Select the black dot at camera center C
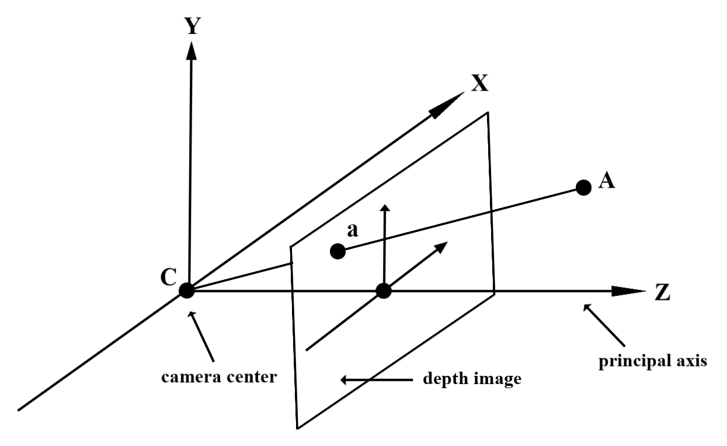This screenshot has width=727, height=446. (187, 291)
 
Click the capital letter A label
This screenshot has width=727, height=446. (607, 182)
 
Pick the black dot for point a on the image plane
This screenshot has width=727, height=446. (337, 251)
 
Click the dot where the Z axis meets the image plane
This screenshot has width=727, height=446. (383, 291)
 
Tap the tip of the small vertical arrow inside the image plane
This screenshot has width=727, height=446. (384, 208)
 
